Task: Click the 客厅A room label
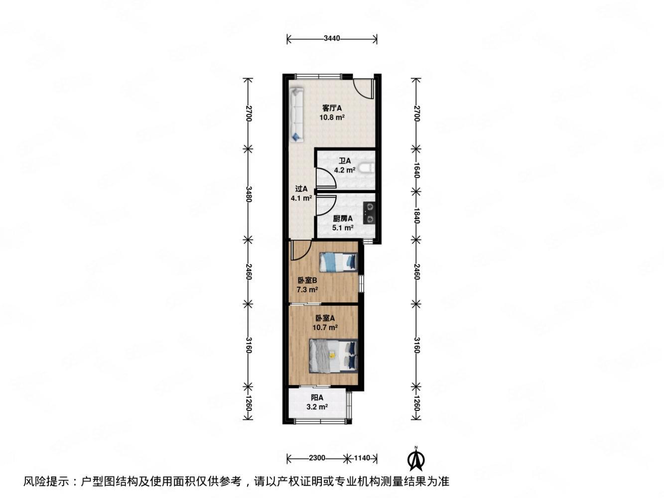pyautogui.click(x=332, y=108)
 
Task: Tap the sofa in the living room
pyautogui.click(x=296, y=114)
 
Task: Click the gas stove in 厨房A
pyautogui.click(x=369, y=213)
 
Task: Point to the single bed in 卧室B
pyautogui.click(x=338, y=262)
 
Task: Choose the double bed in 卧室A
pyautogui.click(x=333, y=356)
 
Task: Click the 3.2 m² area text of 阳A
pyautogui.click(x=317, y=407)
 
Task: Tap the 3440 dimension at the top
pyautogui.click(x=331, y=38)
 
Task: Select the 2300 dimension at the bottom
pyautogui.click(x=317, y=458)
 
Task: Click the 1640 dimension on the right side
pyautogui.click(x=416, y=170)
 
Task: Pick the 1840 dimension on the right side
pyautogui.click(x=416, y=215)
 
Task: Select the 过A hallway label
pyautogui.click(x=301, y=189)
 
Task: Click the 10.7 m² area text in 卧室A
pyautogui.click(x=325, y=327)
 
